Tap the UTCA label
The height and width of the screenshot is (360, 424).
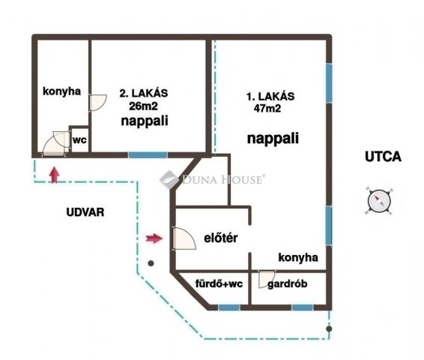pyautogui.click(x=383, y=157)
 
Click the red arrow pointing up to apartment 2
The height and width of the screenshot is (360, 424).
pyautogui.click(x=53, y=175)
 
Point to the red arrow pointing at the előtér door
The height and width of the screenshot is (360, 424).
pyautogui.click(x=154, y=238)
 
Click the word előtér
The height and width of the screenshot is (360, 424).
pyautogui.click(x=220, y=238)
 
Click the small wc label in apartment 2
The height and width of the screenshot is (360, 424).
pyautogui.click(x=79, y=139)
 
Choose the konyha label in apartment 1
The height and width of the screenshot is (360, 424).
pyautogui.click(x=298, y=257)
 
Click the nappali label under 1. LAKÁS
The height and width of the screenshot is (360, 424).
pyautogui.click(x=273, y=139)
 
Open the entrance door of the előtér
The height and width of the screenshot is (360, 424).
pyautogui.click(x=181, y=239)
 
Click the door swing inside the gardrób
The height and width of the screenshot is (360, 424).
pyautogui.click(x=267, y=279)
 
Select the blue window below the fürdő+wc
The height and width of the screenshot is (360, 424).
pyautogui.click(x=228, y=307)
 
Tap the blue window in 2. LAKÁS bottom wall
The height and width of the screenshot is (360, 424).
pyautogui.click(x=148, y=154)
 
